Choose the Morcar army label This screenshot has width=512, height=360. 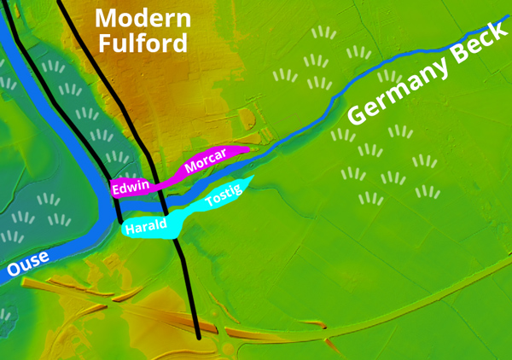pyautogui.click(x=204, y=163)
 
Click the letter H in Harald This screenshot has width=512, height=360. pyautogui.click(x=129, y=230)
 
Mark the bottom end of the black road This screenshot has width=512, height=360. pyautogui.click(x=198, y=335)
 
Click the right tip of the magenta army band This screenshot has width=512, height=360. pyautogui.click(x=247, y=149)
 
